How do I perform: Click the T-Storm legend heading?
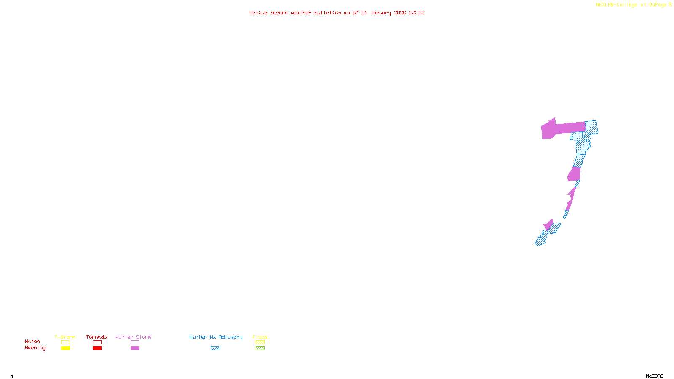click(x=65, y=337)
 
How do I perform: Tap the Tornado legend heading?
click(x=96, y=337)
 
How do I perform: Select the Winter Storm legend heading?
click(x=133, y=337)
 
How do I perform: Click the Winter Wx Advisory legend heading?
click(x=216, y=337)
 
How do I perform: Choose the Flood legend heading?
click(x=260, y=337)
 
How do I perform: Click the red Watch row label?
click(x=32, y=342)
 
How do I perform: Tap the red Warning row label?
click(x=35, y=348)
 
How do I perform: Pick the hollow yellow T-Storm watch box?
click(x=65, y=342)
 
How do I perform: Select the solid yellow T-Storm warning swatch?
click(x=65, y=348)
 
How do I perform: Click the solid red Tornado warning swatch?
click(x=97, y=348)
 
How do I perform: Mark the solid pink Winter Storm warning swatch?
click(x=135, y=348)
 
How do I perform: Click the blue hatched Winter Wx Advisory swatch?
click(x=215, y=348)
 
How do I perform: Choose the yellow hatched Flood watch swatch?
click(x=260, y=342)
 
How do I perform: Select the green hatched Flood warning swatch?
click(x=260, y=348)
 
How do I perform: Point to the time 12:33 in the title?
click(x=416, y=13)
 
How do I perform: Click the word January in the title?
click(x=381, y=13)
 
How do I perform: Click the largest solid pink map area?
click(x=560, y=129)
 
